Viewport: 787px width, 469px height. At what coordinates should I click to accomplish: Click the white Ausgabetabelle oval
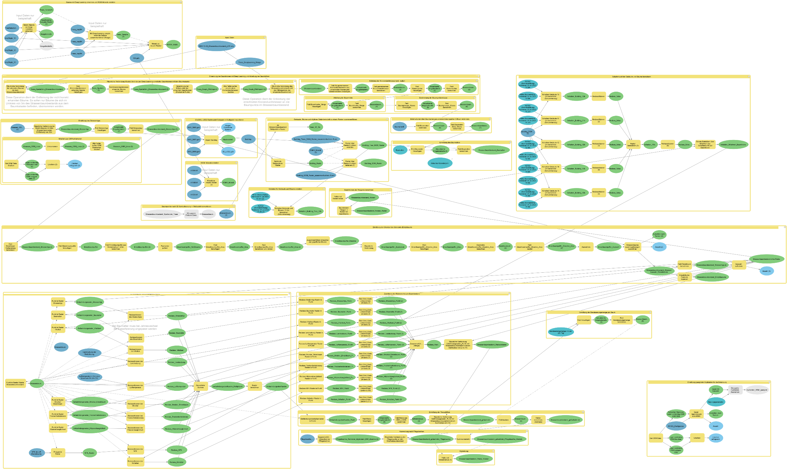tap(46, 46)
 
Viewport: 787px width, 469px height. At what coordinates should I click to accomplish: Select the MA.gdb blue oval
tap(136, 58)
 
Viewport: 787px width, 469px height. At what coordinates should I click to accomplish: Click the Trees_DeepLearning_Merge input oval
tap(249, 62)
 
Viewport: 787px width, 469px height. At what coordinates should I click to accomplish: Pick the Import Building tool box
tap(211, 140)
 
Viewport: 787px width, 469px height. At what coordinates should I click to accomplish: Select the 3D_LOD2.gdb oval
tap(228, 151)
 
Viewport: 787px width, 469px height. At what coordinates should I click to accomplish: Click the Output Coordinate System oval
tap(228, 128)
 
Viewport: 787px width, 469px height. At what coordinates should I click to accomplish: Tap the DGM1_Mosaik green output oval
tap(228, 182)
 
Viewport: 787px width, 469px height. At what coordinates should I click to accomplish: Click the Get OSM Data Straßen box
tap(11, 164)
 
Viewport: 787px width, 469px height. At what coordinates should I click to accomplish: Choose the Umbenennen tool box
tap(52, 146)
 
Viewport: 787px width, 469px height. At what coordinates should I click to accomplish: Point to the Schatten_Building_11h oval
tap(576, 120)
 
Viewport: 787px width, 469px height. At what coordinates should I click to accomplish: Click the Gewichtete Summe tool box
tap(200, 386)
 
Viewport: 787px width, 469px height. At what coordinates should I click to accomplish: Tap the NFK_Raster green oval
tap(89, 453)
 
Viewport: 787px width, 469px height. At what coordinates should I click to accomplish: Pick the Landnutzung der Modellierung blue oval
tap(90, 353)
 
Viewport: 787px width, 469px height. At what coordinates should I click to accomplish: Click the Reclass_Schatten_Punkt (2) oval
tap(391, 399)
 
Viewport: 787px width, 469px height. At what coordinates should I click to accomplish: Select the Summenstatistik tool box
tap(463, 439)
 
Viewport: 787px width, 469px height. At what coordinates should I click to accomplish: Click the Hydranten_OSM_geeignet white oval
tap(757, 390)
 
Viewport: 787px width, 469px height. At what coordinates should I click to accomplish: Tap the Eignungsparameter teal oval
tap(716, 402)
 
